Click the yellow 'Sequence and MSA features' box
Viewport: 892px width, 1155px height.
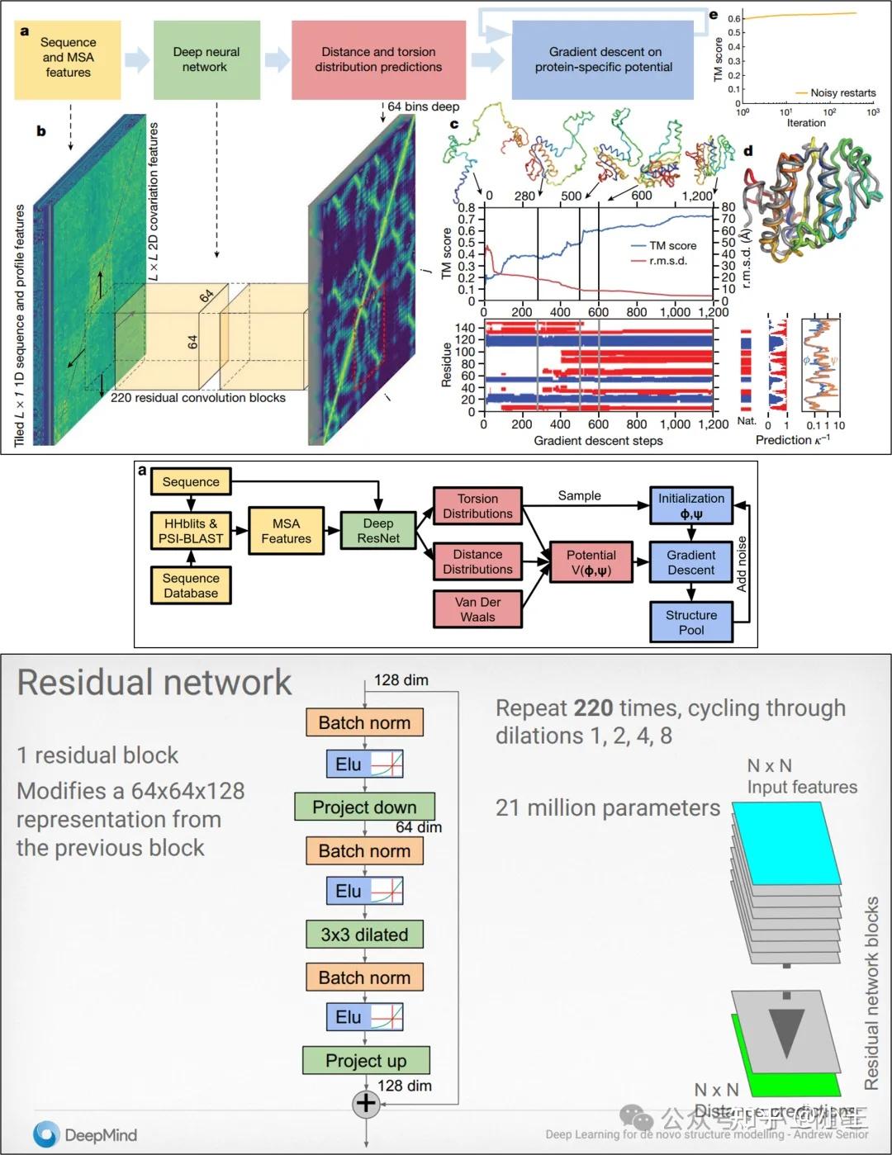(68, 58)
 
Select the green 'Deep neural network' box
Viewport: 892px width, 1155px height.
(206, 59)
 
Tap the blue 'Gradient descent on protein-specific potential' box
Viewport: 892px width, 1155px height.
(603, 59)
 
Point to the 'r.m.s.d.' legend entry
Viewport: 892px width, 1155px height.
(667, 260)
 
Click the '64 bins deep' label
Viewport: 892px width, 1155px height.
(423, 107)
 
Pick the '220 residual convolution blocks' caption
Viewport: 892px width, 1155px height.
(198, 398)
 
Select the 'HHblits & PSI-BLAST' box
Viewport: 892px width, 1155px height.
(191, 531)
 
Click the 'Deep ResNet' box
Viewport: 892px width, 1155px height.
(378, 531)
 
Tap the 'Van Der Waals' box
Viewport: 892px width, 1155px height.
(477, 609)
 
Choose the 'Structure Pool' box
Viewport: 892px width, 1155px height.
(691, 622)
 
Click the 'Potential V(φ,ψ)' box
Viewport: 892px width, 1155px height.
(591, 562)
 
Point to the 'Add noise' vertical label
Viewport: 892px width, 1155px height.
(741, 564)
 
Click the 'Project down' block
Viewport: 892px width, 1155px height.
(364, 807)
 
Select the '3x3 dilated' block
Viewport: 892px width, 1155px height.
(364, 935)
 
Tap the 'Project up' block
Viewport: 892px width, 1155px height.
(366, 1060)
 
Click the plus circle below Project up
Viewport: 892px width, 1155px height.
(366, 1103)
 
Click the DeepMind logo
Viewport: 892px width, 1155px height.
(84, 1134)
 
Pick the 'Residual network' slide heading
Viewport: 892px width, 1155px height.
(154, 683)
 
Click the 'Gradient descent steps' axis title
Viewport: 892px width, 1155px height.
(598, 441)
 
